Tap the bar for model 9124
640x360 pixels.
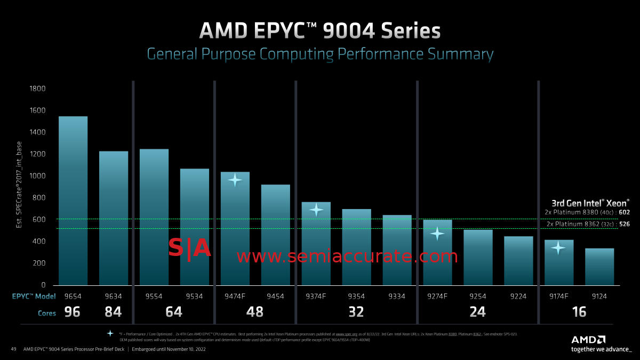[599, 266]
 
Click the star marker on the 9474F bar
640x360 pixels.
[235, 180]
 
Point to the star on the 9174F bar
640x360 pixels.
[558, 247]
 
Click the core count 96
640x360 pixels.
[72, 311]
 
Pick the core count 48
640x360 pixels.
[255, 311]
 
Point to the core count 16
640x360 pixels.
[579, 311]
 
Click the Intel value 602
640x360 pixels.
[625, 212]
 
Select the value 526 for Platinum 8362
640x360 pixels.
[625, 224]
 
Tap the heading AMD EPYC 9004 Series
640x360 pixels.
[320, 31]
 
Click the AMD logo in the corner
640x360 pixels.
[589, 339]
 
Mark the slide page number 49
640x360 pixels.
[14, 349]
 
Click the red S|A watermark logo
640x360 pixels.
[190, 249]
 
